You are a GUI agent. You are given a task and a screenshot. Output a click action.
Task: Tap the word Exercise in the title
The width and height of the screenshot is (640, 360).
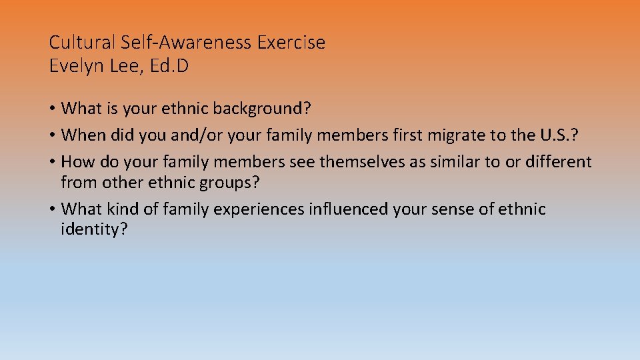(294, 43)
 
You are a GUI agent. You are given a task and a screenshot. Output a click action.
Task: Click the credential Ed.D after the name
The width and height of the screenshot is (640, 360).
(169, 67)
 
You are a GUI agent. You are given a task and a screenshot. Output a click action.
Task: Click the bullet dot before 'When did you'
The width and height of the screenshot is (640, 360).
(53, 135)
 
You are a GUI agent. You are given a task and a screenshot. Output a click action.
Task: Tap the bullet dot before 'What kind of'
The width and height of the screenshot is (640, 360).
(53, 210)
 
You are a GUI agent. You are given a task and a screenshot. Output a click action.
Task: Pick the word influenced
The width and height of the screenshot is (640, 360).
(347, 209)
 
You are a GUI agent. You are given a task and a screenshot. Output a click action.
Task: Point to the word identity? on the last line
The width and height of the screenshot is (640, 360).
(94, 230)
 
